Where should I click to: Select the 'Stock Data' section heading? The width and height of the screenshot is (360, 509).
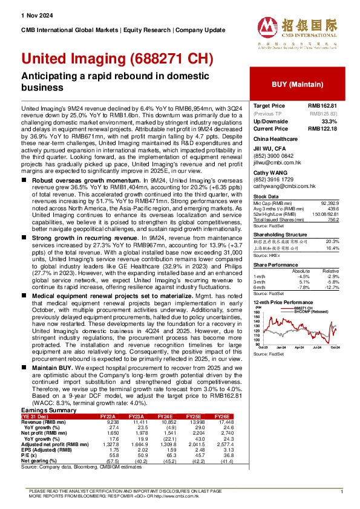click(266, 196)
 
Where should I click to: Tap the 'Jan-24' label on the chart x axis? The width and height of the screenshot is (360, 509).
click(281, 348)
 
